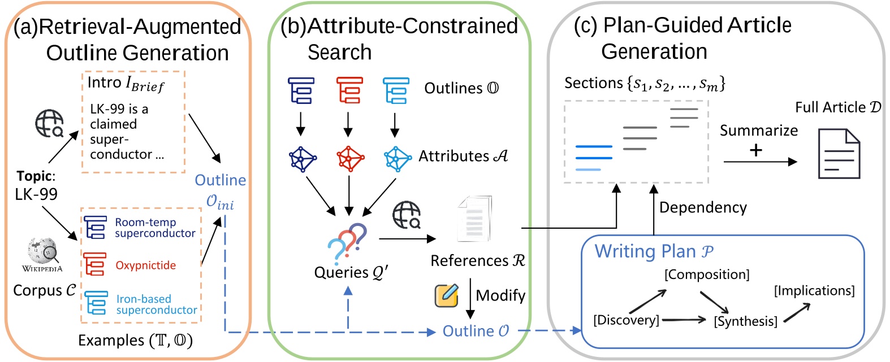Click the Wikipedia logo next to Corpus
(x=42, y=252)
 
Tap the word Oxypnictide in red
(x=145, y=265)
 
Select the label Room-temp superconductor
(x=154, y=228)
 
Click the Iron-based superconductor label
(x=156, y=304)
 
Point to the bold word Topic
(x=34, y=176)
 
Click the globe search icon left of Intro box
(x=49, y=124)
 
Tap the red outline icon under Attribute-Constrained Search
(x=349, y=90)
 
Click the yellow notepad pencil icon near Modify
(x=446, y=295)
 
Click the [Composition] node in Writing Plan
(x=707, y=274)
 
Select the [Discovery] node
(x=626, y=320)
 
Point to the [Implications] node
(x=814, y=291)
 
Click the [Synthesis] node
(x=745, y=321)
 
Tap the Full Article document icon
(x=839, y=154)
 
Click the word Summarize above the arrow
(x=758, y=130)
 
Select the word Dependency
(x=703, y=207)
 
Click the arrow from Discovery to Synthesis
(x=684, y=320)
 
